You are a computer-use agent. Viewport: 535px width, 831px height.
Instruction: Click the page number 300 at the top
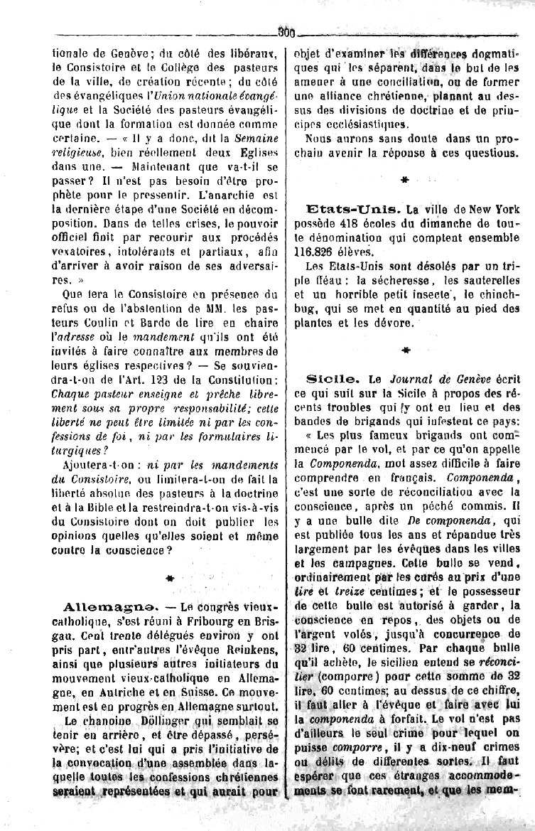[x=287, y=31]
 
